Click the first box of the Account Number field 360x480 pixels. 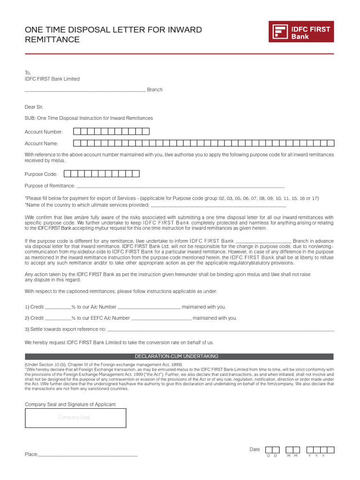pos(77,132)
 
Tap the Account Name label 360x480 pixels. pos(41,143)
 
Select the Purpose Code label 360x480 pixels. pos(41,174)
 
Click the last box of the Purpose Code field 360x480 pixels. pos(136,174)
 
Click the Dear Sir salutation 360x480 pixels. pos(34,107)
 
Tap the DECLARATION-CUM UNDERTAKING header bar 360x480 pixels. pos(180,357)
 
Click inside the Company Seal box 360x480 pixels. pos(75,418)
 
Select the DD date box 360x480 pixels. pos(272,450)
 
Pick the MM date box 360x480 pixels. pos(293,450)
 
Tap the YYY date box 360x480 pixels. pos(320,450)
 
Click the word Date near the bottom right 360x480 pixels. pos(255,450)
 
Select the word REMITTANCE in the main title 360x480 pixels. pos(52,40)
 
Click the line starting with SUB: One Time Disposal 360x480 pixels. pos(89,118)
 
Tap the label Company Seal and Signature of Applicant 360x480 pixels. pos(70,405)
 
